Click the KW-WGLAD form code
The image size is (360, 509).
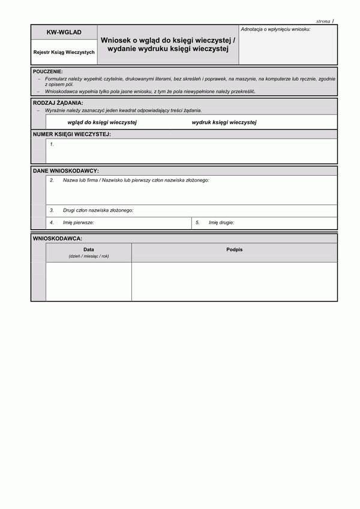click(64, 32)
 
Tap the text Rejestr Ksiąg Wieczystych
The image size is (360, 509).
click(64, 52)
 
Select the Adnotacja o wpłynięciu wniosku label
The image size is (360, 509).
click(275, 29)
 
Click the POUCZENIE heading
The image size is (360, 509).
click(48, 71)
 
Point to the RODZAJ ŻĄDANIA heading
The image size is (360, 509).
click(58, 103)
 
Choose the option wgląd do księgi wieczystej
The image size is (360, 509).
click(103, 122)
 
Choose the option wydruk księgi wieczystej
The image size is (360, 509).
click(224, 122)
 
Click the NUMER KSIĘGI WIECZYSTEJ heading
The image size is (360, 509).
click(72, 134)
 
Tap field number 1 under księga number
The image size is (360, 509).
click(52, 144)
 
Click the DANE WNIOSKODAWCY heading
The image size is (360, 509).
click(66, 171)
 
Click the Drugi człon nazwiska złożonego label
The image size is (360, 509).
click(98, 210)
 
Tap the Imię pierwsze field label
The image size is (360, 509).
click(79, 222)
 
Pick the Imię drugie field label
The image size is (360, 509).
click(221, 222)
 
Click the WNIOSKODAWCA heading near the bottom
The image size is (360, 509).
click(58, 238)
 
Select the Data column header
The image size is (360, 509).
click(89, 249)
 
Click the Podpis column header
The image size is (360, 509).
click(235, 249)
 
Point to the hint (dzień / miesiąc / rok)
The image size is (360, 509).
click(89, 256)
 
